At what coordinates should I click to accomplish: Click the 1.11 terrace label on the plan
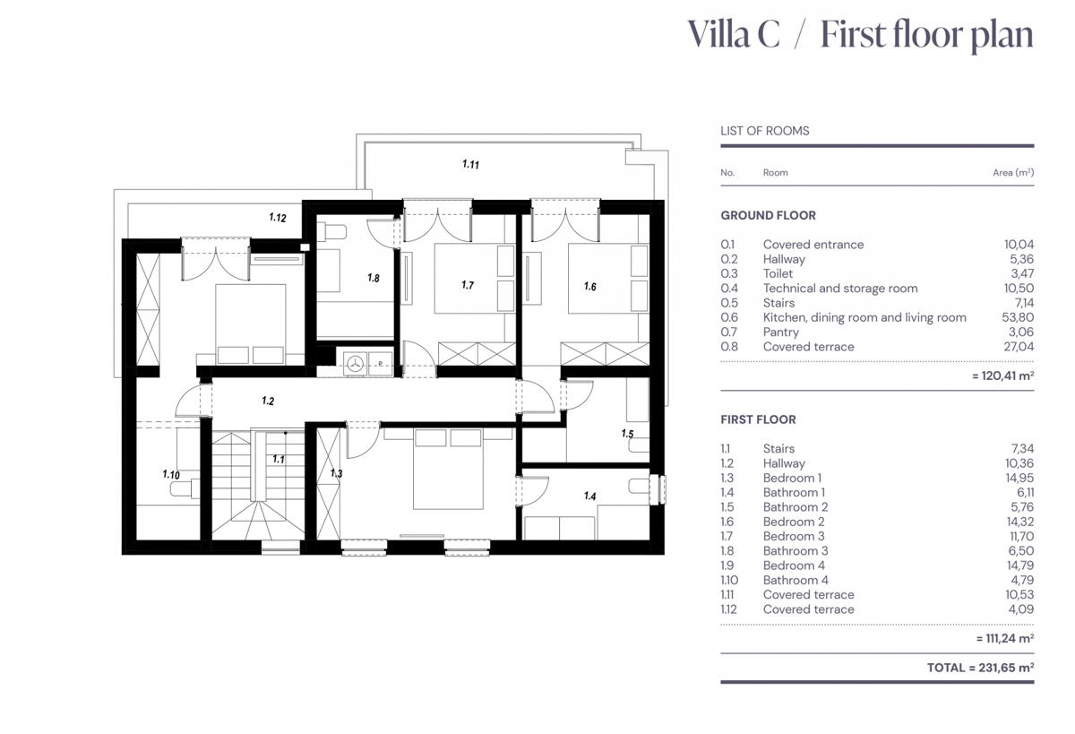pyautogui.click(x=470, y=164)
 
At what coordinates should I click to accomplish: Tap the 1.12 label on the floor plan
pyautogui.click(x=278, y=218)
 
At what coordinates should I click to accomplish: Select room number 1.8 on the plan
pyautogui.click(x=374, y=278)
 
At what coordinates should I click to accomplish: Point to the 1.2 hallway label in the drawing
pyautogui.click(x=268, y=401)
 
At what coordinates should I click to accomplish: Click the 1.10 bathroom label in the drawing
pyautogui.click(x=171, y=474)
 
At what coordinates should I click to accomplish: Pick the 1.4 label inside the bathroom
pyautogui.click(x=589, y=496)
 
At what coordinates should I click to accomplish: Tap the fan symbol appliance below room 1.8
pyautogui.click(x=355, y=363)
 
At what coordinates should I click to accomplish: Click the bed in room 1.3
pyautogui.click(x=448, y=469)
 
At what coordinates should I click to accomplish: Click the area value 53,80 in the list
pyautogui.click(x=1018, y=317)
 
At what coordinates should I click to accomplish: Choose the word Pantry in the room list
pyautogui.click(x=781, y=332)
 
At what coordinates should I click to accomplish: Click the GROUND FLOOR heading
pyautogui.click(x=768, y=216)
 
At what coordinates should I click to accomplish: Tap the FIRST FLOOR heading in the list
pyautogui.click(x=758, y=419)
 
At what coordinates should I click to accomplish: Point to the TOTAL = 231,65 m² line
pyautogui.click(x=980, y=668)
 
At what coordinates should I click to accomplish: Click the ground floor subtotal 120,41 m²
pyautogui.click(x=1003, y=376)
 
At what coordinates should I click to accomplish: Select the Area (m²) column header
pyautogui.click(x=1013, y=172)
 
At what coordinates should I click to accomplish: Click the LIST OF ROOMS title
pyautogui.click(x=764, y=131)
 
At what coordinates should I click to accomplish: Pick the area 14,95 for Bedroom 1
pyautogui.click(x=1019, y=478)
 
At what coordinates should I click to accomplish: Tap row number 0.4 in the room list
pyautogui.click(x=729, y=288)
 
